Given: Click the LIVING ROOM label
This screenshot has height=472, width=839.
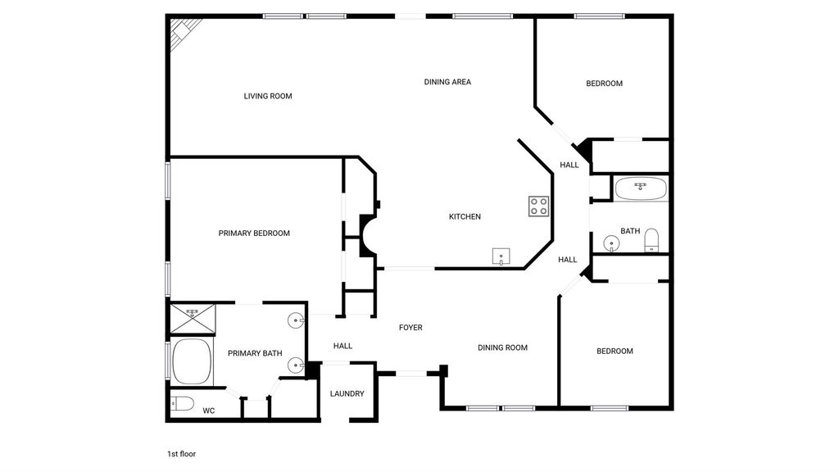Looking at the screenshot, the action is (x=268, y=97).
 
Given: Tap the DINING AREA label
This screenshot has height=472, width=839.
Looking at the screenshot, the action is (x=447, y=82).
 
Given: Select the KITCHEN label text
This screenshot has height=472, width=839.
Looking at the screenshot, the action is (x=465, y=216).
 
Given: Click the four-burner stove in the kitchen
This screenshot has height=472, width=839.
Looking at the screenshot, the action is (x=539, y=206).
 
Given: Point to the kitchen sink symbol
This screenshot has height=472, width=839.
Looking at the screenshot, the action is (x=501, y=256).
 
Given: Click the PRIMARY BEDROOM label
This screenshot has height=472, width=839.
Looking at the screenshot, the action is (x=254, y=234).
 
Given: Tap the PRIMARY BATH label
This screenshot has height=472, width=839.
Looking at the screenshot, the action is (x=255, y=353).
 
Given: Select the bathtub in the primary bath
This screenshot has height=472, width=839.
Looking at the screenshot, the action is (x=193, y=361).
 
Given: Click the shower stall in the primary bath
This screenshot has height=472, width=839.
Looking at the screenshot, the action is (x=193, y=319).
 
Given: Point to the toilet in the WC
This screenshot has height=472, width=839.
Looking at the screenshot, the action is (x=182, y=403).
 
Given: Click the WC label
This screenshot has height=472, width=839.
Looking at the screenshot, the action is (x=209, y=411).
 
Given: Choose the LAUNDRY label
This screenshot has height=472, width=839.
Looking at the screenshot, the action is (x=347, y=394).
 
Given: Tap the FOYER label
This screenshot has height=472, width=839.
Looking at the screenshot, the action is (x=410, y=328).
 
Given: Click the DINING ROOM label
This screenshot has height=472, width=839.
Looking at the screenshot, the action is (x=502, y=347).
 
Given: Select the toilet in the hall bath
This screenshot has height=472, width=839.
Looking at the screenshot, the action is (x=651, y=240).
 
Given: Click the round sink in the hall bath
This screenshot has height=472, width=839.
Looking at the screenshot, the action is (x=611, y=243).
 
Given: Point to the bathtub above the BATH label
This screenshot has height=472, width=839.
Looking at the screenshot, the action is (x=641, y=189).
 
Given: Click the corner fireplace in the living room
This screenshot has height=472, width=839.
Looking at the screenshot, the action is (x=184, y=33).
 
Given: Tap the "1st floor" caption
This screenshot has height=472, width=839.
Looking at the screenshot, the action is (x=181, y=454).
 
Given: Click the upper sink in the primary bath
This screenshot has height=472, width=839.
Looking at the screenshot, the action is (x=296, y=320).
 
